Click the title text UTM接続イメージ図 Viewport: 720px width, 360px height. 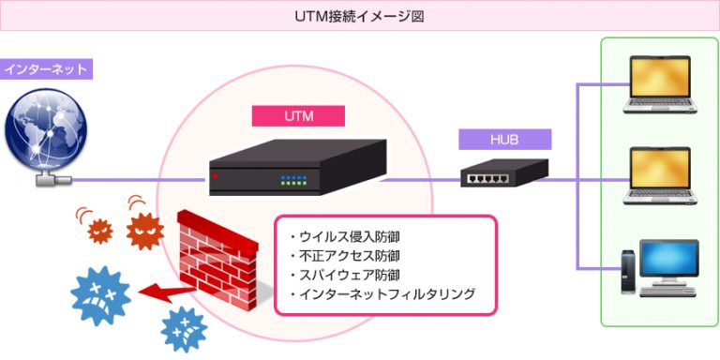click(x=360, y=16)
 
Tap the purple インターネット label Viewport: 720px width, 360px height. click(x=46, y=69)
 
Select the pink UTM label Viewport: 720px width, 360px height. click(x=299, y=116)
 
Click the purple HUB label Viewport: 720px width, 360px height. click(x=504, y=140)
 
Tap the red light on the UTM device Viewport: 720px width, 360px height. click(x=216, y=175)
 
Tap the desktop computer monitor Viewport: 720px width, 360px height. click(x=668, y=262)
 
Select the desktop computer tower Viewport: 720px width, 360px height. click(x=625, y=273)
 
